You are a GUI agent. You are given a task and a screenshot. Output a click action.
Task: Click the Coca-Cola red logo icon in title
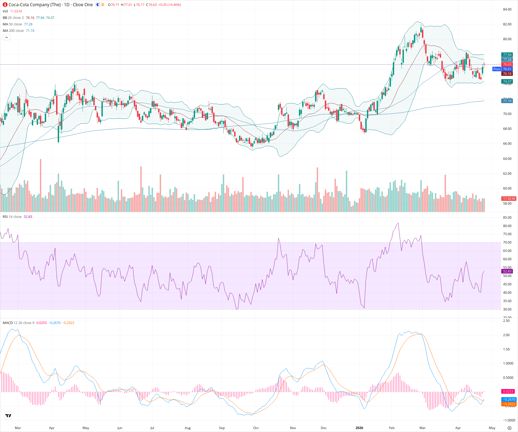coord(5,5)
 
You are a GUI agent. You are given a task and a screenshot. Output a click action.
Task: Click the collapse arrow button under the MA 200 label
coord(6,38)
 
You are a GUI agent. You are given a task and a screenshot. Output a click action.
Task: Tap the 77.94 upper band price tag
coord(507,55)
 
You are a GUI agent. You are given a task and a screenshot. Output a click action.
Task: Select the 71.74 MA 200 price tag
coord(507,101)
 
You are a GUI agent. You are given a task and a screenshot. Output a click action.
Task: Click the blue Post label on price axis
coord(496,69)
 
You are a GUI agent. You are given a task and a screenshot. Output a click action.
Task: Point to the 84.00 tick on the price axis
coord(507,9)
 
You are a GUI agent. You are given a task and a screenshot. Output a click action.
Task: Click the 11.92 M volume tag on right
coord(509,198)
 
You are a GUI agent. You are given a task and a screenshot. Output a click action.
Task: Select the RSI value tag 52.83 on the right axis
coord(507,271)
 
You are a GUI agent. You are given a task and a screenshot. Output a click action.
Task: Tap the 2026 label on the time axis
coord(359,428)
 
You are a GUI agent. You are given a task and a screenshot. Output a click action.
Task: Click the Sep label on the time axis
coord(222,428)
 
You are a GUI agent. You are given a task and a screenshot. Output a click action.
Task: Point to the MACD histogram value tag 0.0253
coord(508,391)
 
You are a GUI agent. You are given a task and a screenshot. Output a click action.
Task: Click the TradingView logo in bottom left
coord(8,416)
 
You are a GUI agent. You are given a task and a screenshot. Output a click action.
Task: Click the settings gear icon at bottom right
coord(509,428)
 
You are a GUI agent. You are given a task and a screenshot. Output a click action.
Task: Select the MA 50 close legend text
coord(12,24)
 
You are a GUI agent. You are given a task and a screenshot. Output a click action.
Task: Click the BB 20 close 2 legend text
coord(13,18)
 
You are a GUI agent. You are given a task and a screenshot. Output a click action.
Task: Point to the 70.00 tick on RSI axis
coord(507,242)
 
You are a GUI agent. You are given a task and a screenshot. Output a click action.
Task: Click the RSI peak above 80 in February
coord(398,223)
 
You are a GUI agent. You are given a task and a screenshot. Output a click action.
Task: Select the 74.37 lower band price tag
coord(507,81)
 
